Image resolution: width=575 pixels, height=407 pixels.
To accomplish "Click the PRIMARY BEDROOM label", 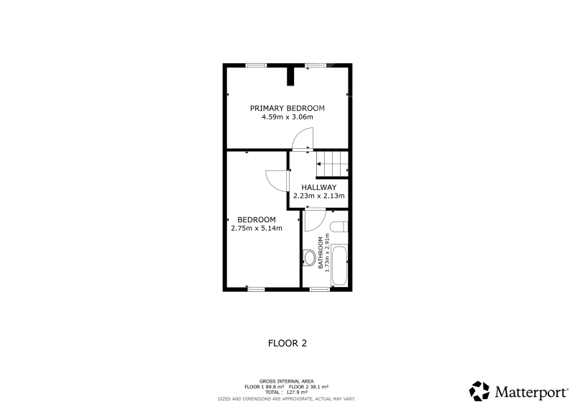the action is click(x=287, y=109).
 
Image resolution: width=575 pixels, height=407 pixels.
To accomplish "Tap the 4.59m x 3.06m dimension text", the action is click(x=287, y=117).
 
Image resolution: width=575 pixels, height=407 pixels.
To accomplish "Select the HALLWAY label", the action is click(x=318, y=187).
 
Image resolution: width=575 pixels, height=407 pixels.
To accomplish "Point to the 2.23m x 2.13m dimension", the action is click(x=318, y=196).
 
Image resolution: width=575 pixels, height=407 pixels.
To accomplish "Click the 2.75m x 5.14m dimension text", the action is click(x=257, y=228).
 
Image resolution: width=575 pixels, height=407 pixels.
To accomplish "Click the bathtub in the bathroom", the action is click(x=339, y=266).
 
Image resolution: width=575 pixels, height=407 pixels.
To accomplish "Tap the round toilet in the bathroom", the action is click(x=309, y=257).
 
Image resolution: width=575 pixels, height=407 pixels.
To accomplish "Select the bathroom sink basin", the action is click(x=339, y=227).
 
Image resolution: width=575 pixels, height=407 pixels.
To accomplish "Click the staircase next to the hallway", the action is click(x=332, y=164).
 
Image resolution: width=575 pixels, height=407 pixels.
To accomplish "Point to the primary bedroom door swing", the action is click(x=303, y=139).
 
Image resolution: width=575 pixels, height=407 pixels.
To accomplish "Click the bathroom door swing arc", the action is click(x=315, y=220).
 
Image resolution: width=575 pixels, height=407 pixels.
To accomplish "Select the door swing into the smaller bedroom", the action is click(x=277, y=180).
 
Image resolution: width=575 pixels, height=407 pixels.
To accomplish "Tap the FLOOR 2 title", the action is click(x=287, y=344).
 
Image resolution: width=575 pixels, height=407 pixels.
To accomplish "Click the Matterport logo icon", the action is click(x=479, y=391).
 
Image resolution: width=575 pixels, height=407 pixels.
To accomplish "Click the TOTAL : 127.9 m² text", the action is click(x=286, y=393).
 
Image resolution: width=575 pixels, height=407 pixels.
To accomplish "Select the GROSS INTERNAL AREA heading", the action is click(x=286, y=382).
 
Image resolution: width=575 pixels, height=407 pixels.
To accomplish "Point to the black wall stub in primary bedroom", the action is click(x=290, y=76).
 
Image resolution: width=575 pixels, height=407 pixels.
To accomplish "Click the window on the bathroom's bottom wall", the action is click(x=319, y=289).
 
